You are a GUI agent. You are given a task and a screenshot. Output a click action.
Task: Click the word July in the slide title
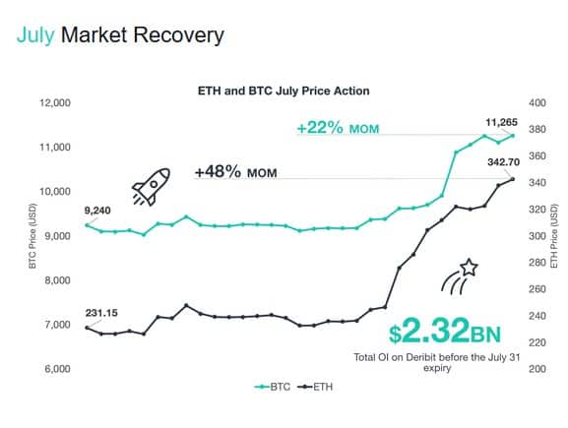(35, 36)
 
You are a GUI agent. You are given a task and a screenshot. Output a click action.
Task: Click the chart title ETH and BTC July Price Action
(284, 90)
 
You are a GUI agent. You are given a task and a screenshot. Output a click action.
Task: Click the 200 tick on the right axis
(511, 369)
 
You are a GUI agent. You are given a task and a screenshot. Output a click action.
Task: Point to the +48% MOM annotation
(234, 171)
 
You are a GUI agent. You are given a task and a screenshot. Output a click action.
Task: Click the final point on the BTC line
(512, 135)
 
